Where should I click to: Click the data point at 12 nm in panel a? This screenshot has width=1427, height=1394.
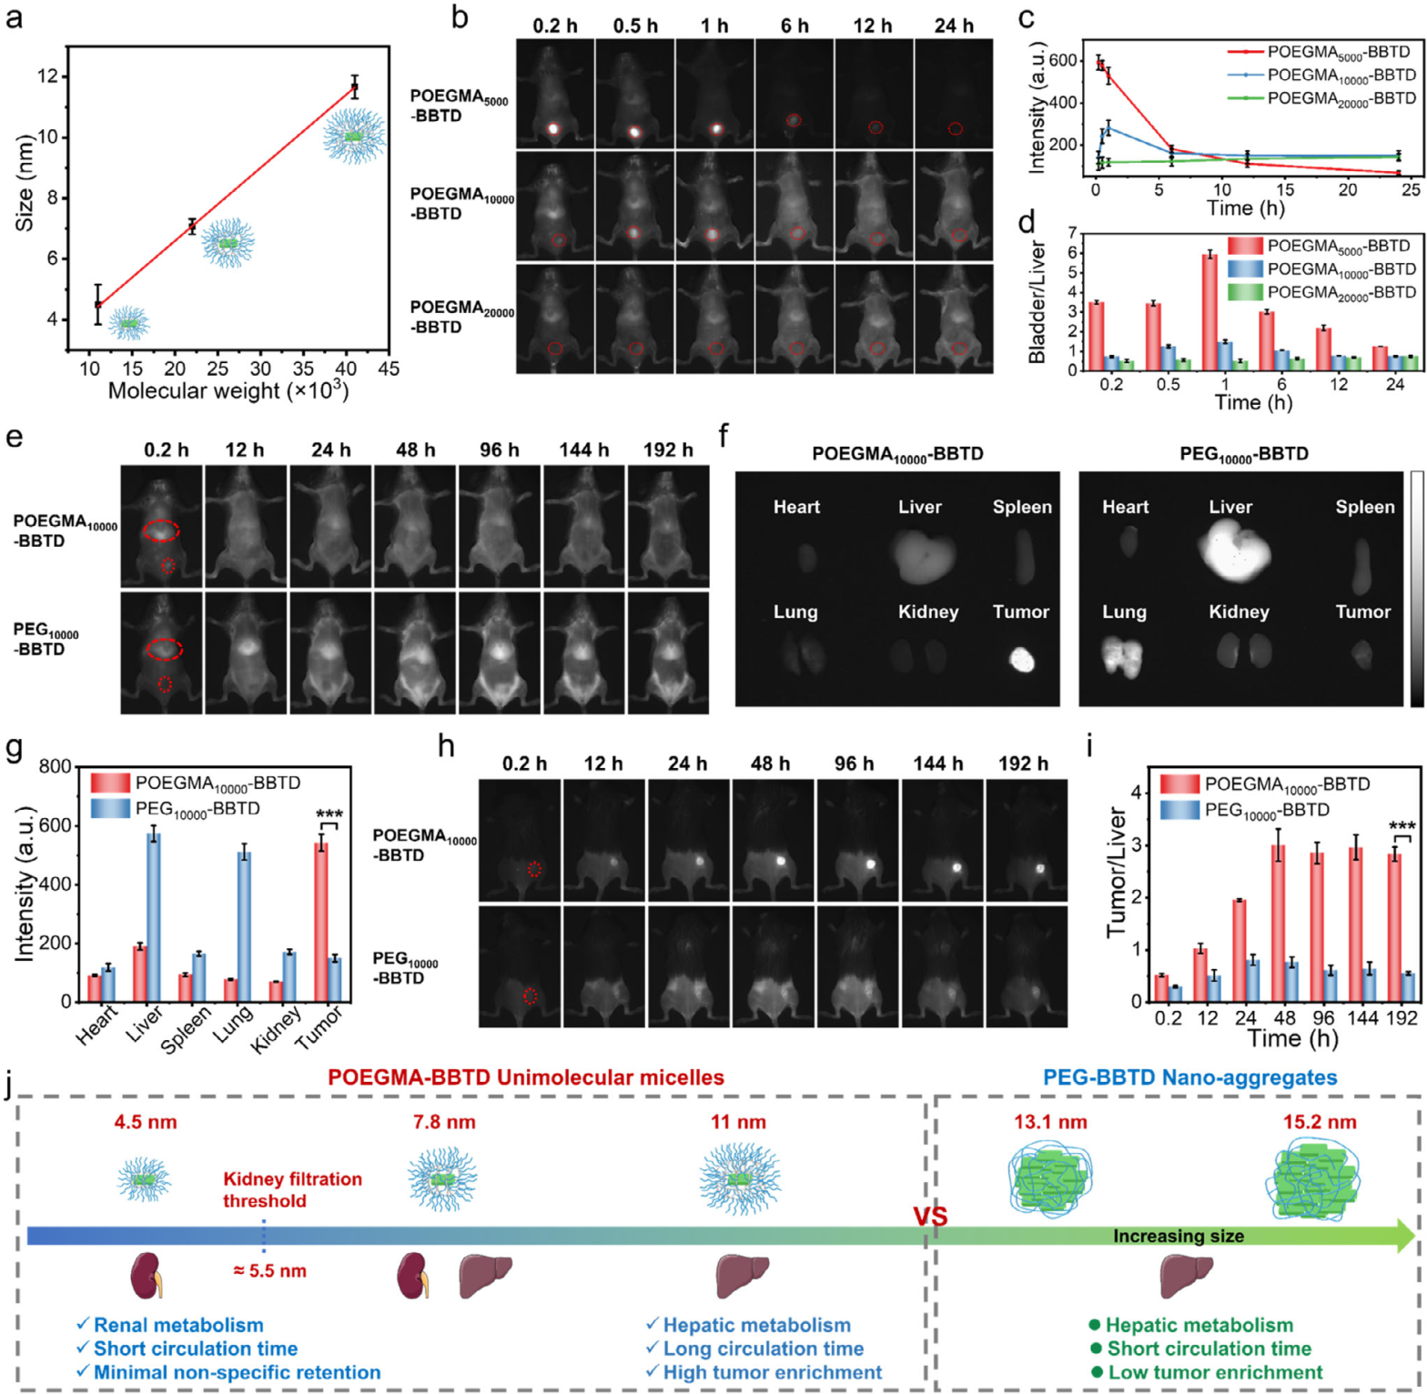tap(355, 87)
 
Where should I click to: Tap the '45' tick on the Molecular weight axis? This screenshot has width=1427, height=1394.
tap(389, 369)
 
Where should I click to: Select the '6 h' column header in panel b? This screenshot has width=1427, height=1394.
tap(794, 25)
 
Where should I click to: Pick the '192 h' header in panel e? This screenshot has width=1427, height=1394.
tap(668, 450)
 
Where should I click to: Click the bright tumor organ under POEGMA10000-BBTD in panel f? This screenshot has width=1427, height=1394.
tap(1021, 659)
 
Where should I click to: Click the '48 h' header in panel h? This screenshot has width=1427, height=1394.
tap(770, 763)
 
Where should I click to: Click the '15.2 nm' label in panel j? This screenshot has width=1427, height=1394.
tap(1320, 1122)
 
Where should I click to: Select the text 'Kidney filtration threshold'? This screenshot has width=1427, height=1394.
tap(292, 1189)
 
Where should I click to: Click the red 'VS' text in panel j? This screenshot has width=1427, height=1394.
tap(930, 1217)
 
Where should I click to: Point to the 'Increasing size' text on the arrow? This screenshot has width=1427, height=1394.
tap(1178, 1236)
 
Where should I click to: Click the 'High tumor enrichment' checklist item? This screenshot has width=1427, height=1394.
tap(772, 1372)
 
